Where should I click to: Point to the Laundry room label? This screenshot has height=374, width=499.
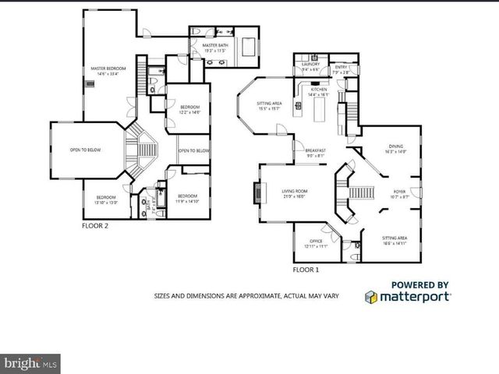click(x=311, y=65)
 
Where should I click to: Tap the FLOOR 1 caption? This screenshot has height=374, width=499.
click(x=306, y=270)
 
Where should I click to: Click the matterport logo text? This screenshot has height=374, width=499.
click(x=414, y=296)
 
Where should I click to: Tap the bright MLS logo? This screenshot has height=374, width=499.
click(x=31, y=363)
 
